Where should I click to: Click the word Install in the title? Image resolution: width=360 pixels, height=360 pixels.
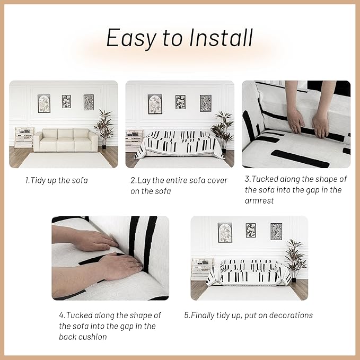pyautogui.click(x=221, y=38)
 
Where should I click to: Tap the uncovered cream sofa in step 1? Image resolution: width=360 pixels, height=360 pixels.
pyautogui.click(x=66, y=140)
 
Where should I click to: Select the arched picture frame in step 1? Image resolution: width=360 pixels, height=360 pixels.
pyautogui.click(x=44, y=103)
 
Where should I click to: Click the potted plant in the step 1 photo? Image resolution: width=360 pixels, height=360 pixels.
pyautogui.click(x=104, y=129)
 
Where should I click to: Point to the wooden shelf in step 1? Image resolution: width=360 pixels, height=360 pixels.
pyautogui.click(x=24, y=137)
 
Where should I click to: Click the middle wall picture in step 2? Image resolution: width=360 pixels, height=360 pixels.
pyautogui.click(x=180, y=102)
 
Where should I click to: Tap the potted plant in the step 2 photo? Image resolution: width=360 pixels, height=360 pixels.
pyautogui.click(x=222, y=131)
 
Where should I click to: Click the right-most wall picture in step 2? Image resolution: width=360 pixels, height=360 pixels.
pyautogui.click(x=206, y=103)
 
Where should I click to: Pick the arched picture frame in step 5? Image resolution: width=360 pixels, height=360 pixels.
pyautogui.click(x=225, y=232)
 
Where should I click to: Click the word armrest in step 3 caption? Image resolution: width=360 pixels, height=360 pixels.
pyautogui.click(x=259, y=201)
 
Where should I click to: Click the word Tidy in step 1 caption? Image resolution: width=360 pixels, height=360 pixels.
pyautogui.click(x=38, y=180)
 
